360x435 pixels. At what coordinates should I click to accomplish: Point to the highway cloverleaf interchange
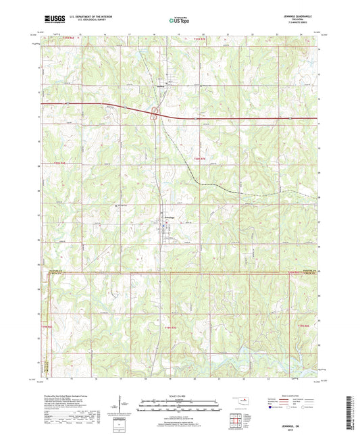[x=157, y=116]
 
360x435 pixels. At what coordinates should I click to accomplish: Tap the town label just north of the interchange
[x=161, y=86]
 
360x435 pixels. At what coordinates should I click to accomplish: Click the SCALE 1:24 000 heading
[x=179, y=396]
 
